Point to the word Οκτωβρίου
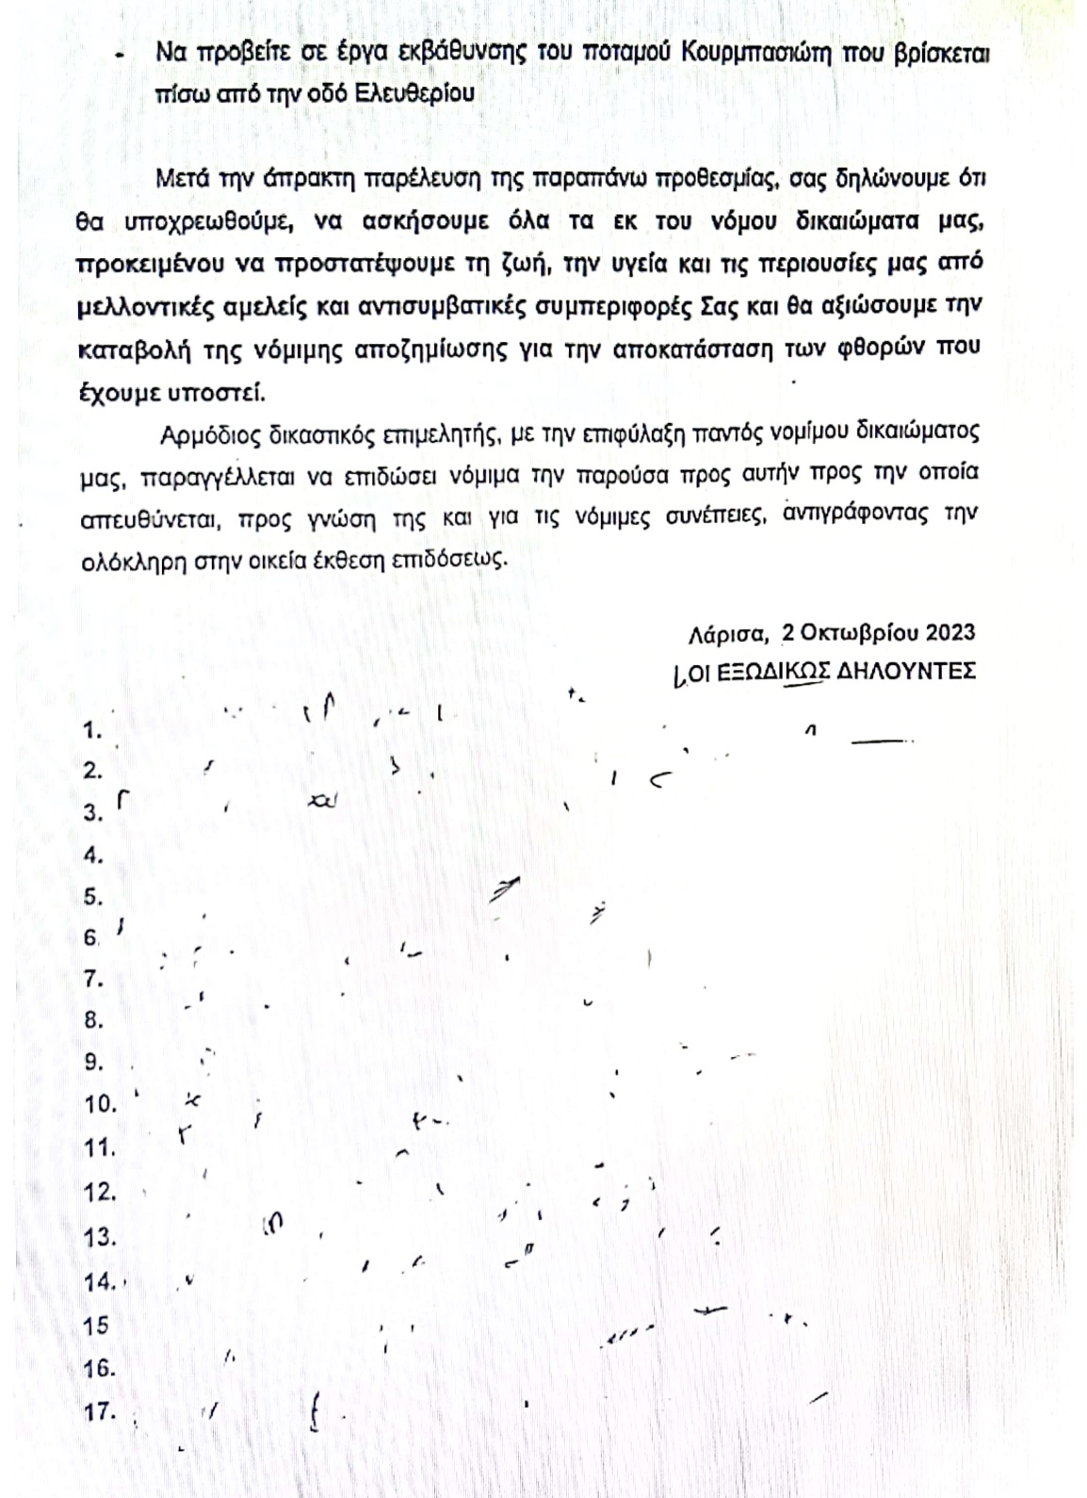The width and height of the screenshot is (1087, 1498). (x=850, y=631)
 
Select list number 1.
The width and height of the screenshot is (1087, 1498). (x=92, y=730)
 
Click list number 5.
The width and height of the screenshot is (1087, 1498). (x=92, y=897)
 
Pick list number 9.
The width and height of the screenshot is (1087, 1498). (x=93, y=1063)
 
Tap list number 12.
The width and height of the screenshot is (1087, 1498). (x=99, y=1193)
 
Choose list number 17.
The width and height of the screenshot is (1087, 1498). (x=99, y=1412)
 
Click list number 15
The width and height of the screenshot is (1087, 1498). (x=96, y=1326)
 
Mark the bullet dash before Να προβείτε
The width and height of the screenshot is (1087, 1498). (x=119, y=57)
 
